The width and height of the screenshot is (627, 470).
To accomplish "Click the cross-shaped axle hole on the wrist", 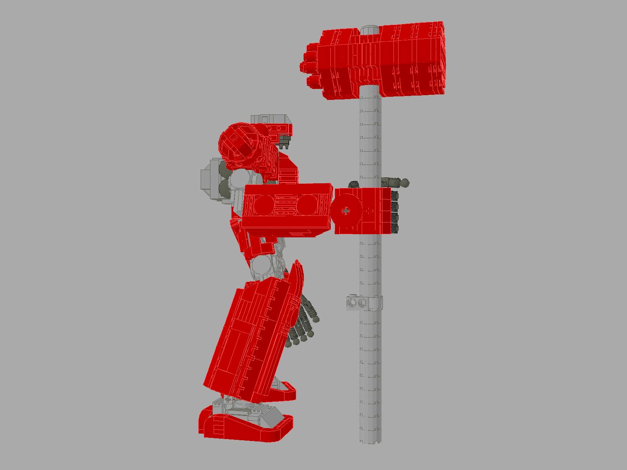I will [x=345, y=211].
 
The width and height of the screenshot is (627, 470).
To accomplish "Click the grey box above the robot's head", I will [x=270, y=119].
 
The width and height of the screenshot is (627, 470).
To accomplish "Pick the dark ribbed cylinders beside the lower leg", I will [x=304, y=325].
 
